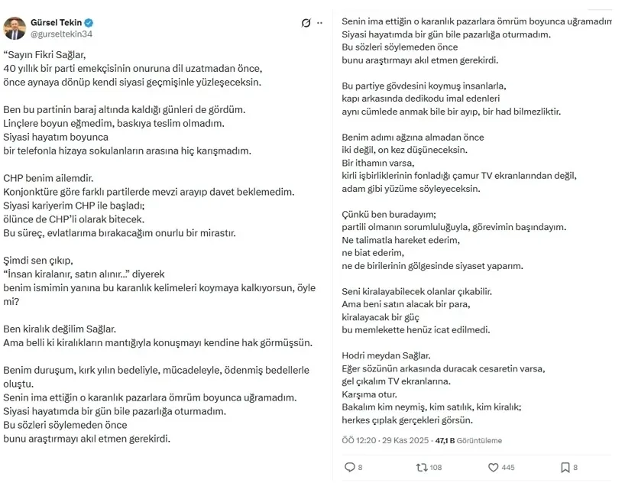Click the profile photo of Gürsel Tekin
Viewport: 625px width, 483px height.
tap(16, 28)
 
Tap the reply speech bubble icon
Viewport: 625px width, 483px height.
tap(349, 467)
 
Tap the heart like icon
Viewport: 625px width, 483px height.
tap(492, 467)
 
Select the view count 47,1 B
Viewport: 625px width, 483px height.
tap(444, 440)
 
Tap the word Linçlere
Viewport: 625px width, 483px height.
tap(24, 123)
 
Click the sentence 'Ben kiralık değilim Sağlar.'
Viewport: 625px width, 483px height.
tap(60, 329)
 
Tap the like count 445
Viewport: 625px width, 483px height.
tap(507, 468)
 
